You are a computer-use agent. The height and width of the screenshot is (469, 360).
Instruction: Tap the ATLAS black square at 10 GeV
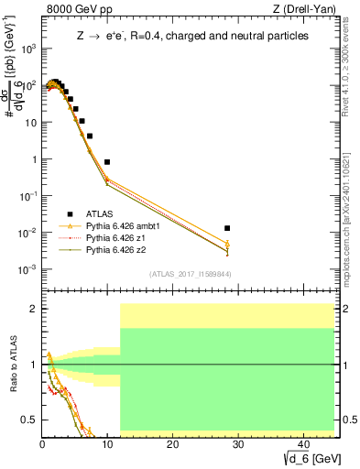(x=107, y=161)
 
